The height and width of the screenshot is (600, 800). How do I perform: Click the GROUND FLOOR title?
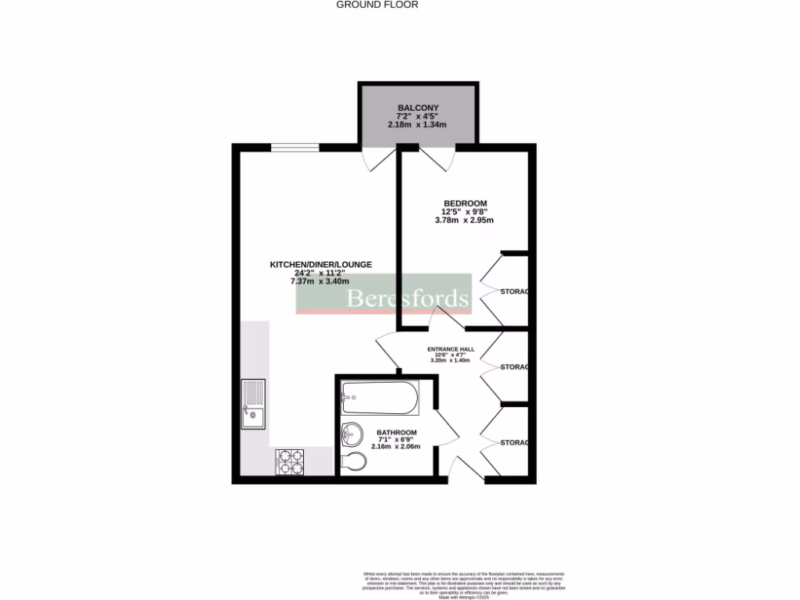(377, 5)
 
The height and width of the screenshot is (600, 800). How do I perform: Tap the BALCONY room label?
(418, 108)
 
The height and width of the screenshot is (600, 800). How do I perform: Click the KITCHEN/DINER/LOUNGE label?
(320, 265)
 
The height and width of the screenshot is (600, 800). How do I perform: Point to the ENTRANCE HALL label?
(451, 350)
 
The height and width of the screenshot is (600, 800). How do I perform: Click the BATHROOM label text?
(397, 432)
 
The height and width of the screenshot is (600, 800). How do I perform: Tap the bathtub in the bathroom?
(380, 398)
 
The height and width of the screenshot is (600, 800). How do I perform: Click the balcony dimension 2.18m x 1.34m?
(418, 125)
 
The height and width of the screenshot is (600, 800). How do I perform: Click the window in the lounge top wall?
(295, 147)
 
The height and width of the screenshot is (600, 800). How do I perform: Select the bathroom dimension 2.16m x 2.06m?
(396, 447)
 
